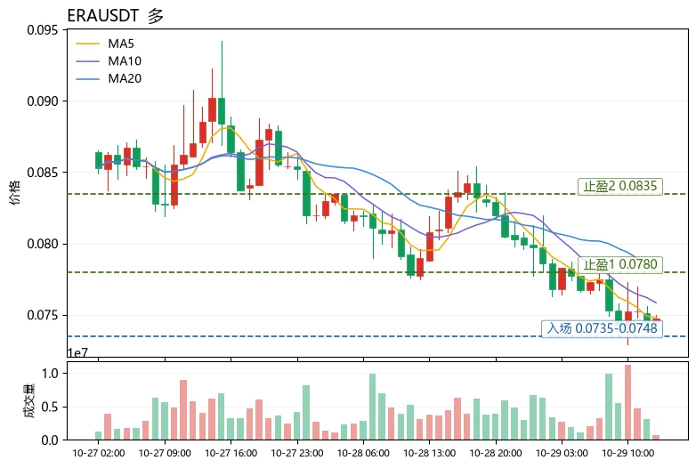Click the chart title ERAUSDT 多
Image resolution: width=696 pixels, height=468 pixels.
click(116, 16)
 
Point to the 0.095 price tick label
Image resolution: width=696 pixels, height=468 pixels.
click(43, 29)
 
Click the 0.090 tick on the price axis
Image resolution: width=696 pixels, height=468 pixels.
click(43, 101)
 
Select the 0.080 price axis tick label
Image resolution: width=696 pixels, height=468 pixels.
click(43, 244)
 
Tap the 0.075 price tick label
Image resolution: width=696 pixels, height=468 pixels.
click(43, 315)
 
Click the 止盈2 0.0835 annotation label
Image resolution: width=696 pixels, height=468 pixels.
click(620, 186)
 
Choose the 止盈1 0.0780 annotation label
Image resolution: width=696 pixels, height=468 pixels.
click(620, 264)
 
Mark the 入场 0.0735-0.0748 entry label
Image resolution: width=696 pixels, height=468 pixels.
click(602, 328)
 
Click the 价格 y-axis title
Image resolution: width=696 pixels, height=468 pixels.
click(14, 192)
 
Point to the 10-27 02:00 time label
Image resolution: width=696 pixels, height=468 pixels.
click(99, 453)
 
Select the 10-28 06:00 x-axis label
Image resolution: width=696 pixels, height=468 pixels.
click(363, 453)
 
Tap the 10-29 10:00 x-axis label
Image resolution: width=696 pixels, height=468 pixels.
click(627, 453)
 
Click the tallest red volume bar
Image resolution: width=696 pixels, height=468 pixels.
click(627, 402)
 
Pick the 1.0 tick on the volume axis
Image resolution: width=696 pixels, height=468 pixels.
click(50, 373)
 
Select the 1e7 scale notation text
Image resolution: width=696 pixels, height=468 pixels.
click(77, 352)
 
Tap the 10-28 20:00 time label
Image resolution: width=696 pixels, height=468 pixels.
click(496, 453)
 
